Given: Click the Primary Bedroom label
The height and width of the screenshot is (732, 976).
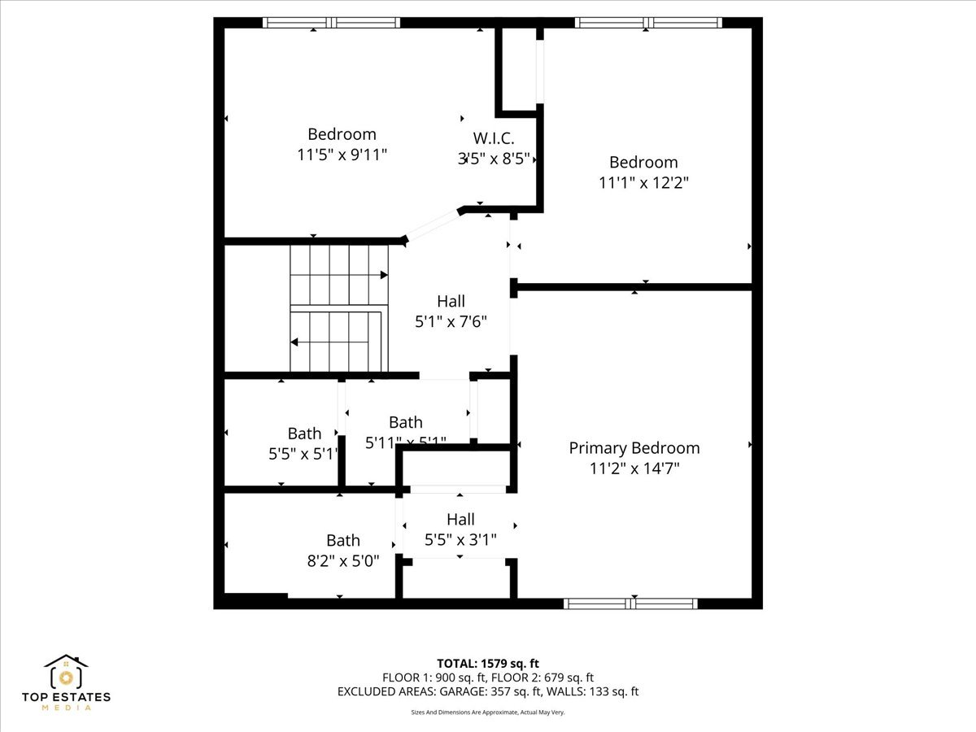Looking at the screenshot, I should (x=634, y=448).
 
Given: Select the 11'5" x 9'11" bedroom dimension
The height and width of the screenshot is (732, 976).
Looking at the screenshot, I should (x=342, y=155).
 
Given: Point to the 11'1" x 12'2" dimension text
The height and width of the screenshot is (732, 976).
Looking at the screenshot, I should (x=643, y=183).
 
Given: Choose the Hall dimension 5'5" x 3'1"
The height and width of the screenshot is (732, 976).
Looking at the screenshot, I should (x=460, y=539).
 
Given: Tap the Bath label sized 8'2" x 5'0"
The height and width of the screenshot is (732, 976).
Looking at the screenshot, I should (x=342, y=540).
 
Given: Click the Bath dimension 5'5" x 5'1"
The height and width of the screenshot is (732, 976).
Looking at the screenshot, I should (x=303, y=454).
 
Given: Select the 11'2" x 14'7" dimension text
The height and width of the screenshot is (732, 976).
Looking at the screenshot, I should (x=634, y=468).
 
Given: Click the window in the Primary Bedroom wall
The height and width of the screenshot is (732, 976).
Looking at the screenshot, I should (x=630, y=603).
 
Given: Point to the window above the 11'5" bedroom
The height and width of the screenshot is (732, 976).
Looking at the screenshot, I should (x=331, y=23).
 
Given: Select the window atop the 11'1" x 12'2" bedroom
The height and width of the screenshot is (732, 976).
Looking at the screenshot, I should (x=647, y=23).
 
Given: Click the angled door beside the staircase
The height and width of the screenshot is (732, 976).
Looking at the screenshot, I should (x=432, y=225).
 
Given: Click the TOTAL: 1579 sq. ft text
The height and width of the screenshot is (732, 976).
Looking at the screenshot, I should (x=488, y=663).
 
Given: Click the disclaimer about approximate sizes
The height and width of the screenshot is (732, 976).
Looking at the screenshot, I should (x=488, y=712).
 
